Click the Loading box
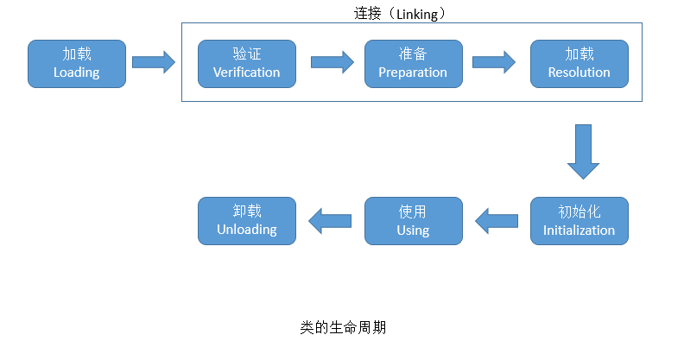pyautogui.click(x=77, y=64)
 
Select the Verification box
pyautogui.click(x=247, y=64)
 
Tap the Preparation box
pyautogui.click(x=414, y=64)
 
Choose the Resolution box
pyautogui.click(x=579, y=64)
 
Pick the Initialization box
pyautogui.click(x=579, y=221)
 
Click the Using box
pyautogui.click(x=414, y=221)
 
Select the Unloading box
pyautogui.click(x=247, y=221)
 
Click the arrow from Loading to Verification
pyautogui.click(x=154, y=62)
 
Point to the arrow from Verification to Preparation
pyautogui.click(x=332, y=62)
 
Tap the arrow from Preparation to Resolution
pyautogui.click(x=494, y=62)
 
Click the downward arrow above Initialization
pyautogui.click(x=583, y=152)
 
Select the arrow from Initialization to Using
pyautogui.click(x=497, y=221)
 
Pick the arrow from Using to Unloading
pyautogui.click(x=330, y=221)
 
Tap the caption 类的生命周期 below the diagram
pyautogui.click(x=344, y=327)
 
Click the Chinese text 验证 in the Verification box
pyautogui.click(x=247, y=54)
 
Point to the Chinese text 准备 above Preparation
pyautogui.click(x=413, y=54)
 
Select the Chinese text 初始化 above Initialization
pyautogui.click(x=579, y=212)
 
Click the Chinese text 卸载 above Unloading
pyautogui.click(x=247, y=212)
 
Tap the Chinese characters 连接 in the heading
pyautogui.click(x=368, y=14)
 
